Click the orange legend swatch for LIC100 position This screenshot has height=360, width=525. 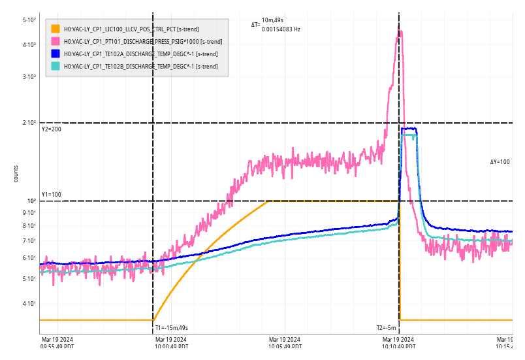click(56, 29)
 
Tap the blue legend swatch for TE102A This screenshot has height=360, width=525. click(56, 54)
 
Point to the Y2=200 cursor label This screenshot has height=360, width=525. click(51, 129)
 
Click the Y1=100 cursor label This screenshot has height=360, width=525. click(51, 195)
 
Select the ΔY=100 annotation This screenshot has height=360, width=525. click(500, 161)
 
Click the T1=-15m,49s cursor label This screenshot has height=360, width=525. click(171, 328)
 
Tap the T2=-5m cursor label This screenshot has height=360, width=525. click(386, 328)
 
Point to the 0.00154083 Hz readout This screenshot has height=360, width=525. click(281, 29)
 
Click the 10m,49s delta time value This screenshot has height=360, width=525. click(273, 21)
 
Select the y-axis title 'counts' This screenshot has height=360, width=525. click(16, 173)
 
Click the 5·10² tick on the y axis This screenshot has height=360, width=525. click(29, 20)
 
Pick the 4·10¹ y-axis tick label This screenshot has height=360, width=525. click(29, 303)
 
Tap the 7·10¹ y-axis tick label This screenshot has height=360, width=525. click(29, 241)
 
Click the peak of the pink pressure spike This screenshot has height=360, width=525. click(400, 31)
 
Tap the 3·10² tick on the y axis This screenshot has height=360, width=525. click(29, 77)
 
